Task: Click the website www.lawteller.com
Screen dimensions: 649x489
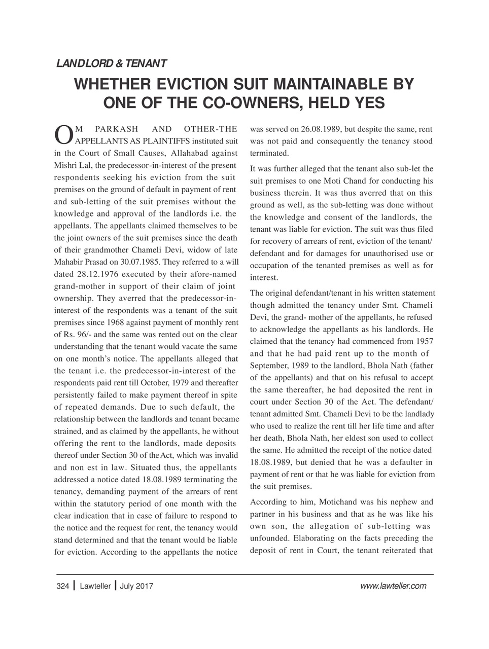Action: tap(393, 586)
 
